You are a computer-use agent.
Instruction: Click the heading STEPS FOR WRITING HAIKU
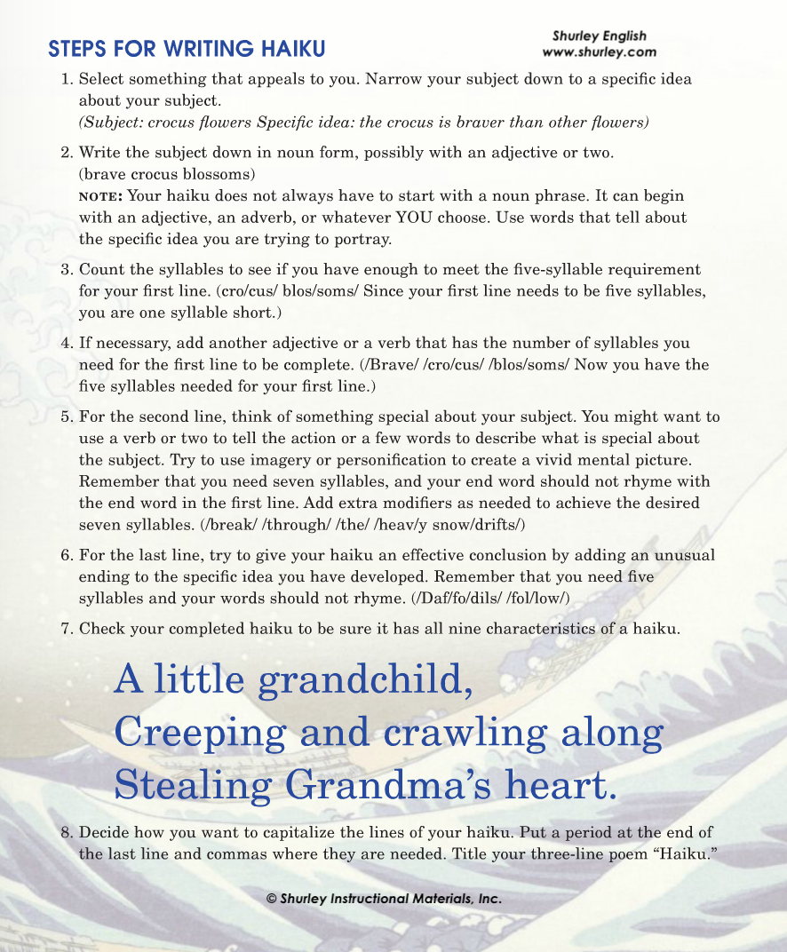[x=187, y=47]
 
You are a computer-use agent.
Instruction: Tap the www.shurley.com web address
[x=600, y=52]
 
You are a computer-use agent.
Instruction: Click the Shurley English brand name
[x=600, y=36]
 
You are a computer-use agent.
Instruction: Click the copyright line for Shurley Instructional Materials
[x=385, y=899]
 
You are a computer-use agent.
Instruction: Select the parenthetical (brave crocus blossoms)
[x=167, y=173]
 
